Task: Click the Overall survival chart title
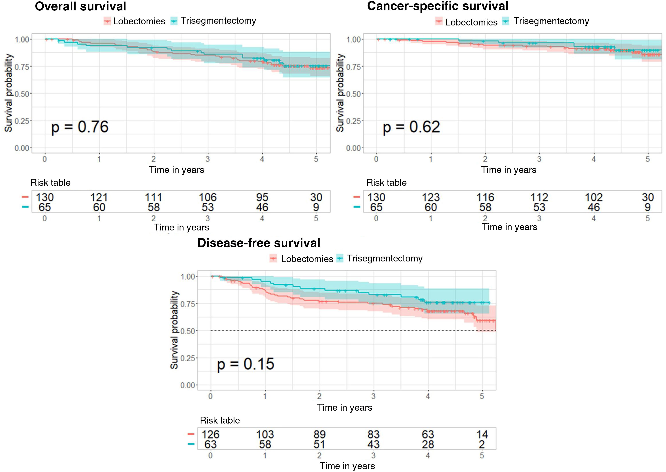81,6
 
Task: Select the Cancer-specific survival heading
438,6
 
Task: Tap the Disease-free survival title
259,243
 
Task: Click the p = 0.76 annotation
80,127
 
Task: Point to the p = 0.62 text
411,127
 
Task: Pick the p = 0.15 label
246,364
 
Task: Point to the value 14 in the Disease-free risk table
482,435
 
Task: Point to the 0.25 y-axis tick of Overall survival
22,121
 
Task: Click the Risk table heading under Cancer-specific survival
386,183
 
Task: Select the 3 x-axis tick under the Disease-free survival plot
374,396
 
